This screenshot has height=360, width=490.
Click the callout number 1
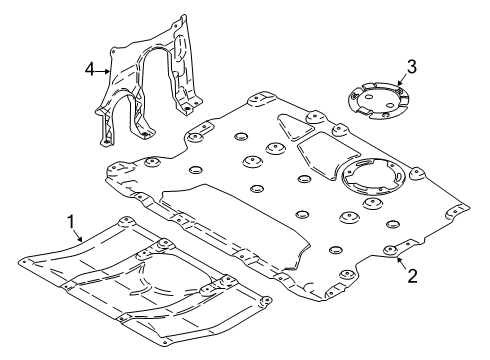70,219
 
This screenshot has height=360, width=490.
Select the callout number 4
88,69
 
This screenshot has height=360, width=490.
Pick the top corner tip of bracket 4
183,16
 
